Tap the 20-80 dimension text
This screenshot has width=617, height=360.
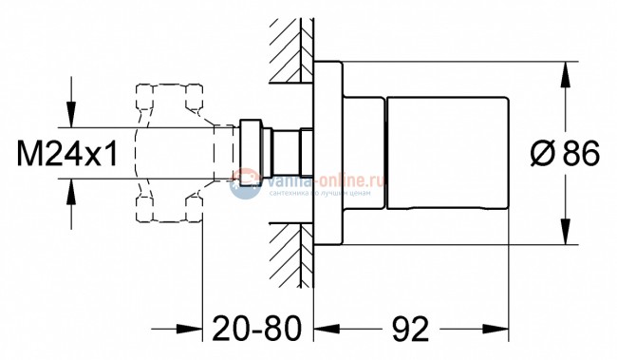pyautogui.click(x=253, y=331)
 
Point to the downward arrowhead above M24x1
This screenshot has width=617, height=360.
pyautogui.click(x=71, y=118)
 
